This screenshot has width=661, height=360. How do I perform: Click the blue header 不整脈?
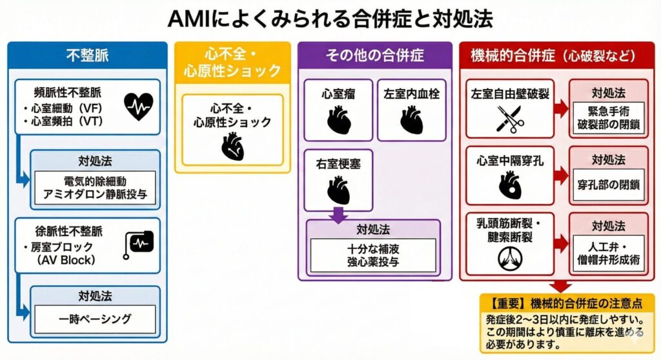(x=87, y=55)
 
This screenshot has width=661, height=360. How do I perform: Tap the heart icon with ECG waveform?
(x=139, y=106)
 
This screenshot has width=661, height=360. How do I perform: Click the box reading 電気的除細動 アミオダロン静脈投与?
(x=95, y=187)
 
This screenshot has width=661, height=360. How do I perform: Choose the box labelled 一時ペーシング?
(x=95, y=319)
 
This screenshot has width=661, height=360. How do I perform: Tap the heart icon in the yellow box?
(x=232, y=146)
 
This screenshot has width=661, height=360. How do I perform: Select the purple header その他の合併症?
(x=374, y=55)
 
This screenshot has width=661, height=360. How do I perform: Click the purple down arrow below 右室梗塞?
(x=338, y=214)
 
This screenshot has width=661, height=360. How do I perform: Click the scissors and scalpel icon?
(x=509, y=118)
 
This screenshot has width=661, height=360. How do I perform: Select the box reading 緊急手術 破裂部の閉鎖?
(x=608, y=117)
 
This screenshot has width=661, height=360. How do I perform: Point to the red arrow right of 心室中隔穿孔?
(x=562, y=175)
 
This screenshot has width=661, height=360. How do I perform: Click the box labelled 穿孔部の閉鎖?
(x=608, y=185)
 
